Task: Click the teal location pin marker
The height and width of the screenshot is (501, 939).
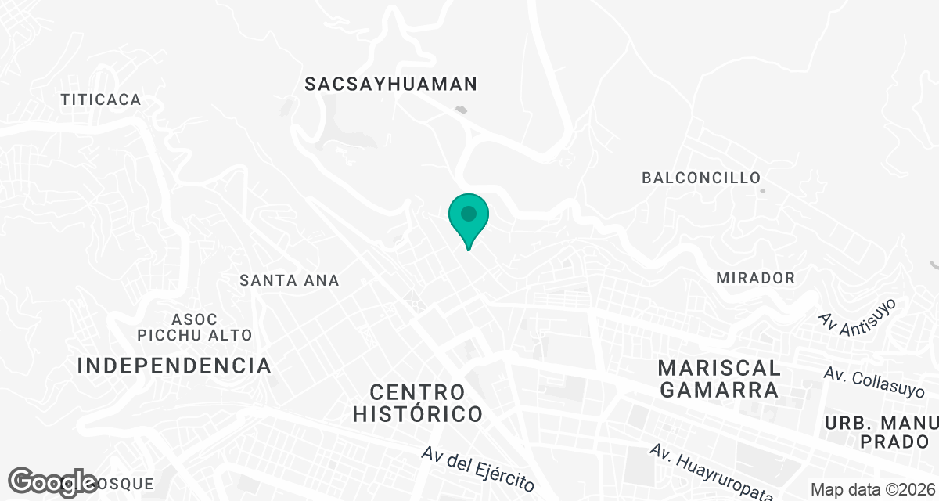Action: pyautogui.click(x=469, y=220)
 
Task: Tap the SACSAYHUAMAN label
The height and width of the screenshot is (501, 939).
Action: pyautogui.click(x=391, y=84)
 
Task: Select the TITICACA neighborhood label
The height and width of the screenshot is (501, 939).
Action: pyautogui.click(x=101, y=99)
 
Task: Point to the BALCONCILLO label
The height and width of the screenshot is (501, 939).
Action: pyautogui.click(x=701, y=178)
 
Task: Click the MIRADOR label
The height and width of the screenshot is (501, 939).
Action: pyautogui.click(x=755, y=278)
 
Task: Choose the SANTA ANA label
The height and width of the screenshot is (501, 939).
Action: pyautogui.click(x=290, y=280)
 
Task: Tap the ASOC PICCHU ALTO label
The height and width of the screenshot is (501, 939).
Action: pyautogui.click(x=195, y=327)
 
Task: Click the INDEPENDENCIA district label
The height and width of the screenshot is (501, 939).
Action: pyautogui.click(x=174, y=366)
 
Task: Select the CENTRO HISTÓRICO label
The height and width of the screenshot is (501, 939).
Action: pyautogui.click(x=417, y=402)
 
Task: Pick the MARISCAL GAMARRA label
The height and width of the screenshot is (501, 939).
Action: pyautogui.click(x=719, y=379)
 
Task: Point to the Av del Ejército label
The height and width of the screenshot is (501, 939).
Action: pyautogui.click(x=477, y=468)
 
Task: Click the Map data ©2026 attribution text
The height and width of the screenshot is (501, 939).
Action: pyautogui.click(x=872, y=489)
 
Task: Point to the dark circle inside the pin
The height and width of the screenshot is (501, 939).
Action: pyautogui.click(x=469, y=213)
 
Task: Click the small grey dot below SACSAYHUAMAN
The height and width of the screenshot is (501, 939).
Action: pyautogui.click(x=463, y=110)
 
